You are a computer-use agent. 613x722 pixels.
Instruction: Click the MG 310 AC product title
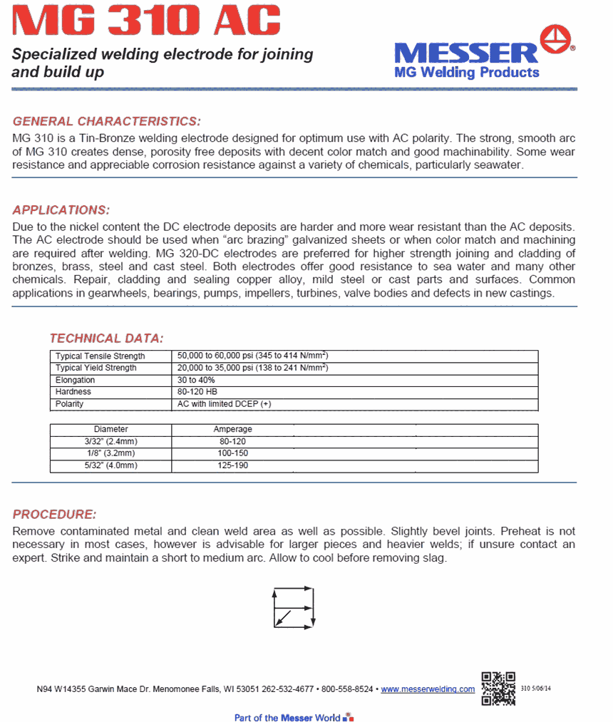pos(147,21)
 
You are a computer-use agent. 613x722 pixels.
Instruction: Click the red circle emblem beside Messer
pos(557,39)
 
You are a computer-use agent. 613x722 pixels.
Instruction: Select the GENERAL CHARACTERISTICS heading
pos(107,121)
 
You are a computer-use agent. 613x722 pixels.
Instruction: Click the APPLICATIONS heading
pos(61,210)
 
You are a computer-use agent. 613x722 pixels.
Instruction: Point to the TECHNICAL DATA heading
pos(106,338)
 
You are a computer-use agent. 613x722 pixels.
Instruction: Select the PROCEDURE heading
pos(54,515)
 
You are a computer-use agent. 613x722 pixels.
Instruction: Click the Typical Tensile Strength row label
pos(101,356)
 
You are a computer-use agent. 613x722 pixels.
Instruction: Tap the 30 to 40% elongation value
pos(196,380)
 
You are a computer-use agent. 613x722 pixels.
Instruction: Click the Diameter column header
pos(111,430)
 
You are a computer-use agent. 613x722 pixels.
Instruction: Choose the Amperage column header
pos(233,430)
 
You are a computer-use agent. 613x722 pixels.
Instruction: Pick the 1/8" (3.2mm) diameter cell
pos(111,453)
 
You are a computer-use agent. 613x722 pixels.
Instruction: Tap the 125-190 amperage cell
pos(233,465)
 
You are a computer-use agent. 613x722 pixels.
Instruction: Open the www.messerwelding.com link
pos(428,689)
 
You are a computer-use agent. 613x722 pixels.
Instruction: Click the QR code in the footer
pos(498,689)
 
